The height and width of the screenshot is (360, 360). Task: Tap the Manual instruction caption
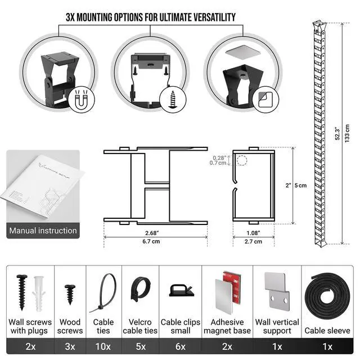(x=43, y=231)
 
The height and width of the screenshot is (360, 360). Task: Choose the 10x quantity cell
(x=103, y=346)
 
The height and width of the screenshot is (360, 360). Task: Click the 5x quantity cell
(x=141, y=346)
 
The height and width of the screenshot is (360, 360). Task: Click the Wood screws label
(x=70, y=326)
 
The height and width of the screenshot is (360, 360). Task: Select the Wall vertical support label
(x=277, y=326)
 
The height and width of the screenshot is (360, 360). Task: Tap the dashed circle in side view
(x=242, y=161)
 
